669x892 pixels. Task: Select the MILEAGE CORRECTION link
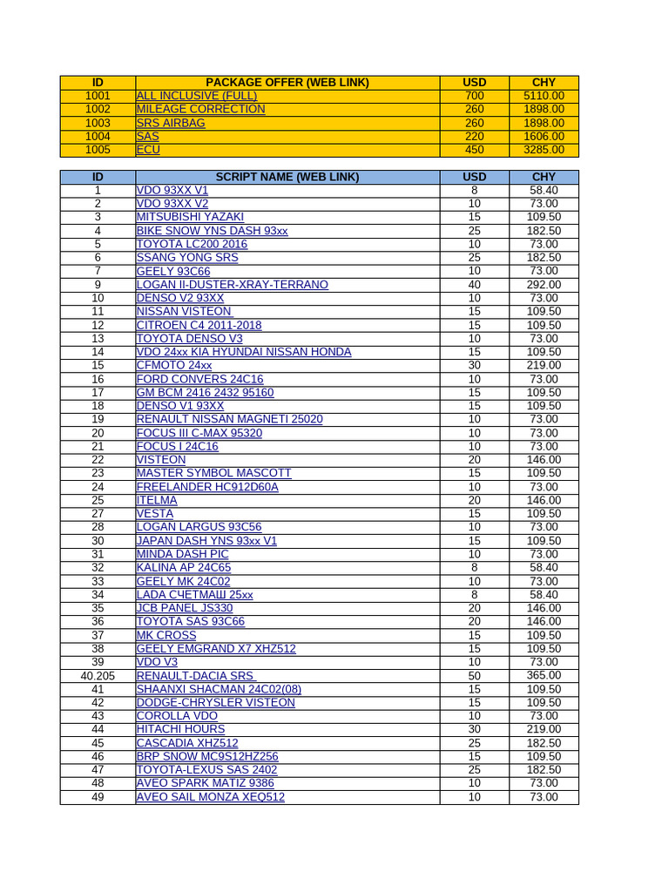[x=200, y=109]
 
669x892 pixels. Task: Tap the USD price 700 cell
[x=474, y=96]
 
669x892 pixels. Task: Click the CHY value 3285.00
[x=544, y=150]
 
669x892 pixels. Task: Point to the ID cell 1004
[x=98, y=136]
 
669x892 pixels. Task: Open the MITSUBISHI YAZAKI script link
[x=190, y=217]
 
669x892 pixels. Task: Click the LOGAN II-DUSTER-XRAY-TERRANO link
[x=232, y=285]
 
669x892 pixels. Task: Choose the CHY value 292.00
[x=544, y=285]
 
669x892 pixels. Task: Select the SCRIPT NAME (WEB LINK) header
[x=287, y=177]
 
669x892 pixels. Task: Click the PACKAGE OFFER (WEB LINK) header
[x=287, y=83]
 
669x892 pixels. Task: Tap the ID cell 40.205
[x=98, y=676]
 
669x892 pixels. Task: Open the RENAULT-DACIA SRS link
[x=195, y=676]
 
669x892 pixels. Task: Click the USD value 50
[x=474, y=676]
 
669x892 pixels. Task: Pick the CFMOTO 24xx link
[x=174, y=366]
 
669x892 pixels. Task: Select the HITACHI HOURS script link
[x=180, y=729]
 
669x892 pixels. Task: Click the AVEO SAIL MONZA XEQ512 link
[x=210, y=797]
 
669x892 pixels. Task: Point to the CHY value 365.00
[x=544, y=676]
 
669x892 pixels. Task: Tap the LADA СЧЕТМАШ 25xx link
[x=194, y=595]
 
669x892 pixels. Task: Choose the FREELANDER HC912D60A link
[x=207, y=487]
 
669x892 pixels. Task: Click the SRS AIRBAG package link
[x=171, y=123]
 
